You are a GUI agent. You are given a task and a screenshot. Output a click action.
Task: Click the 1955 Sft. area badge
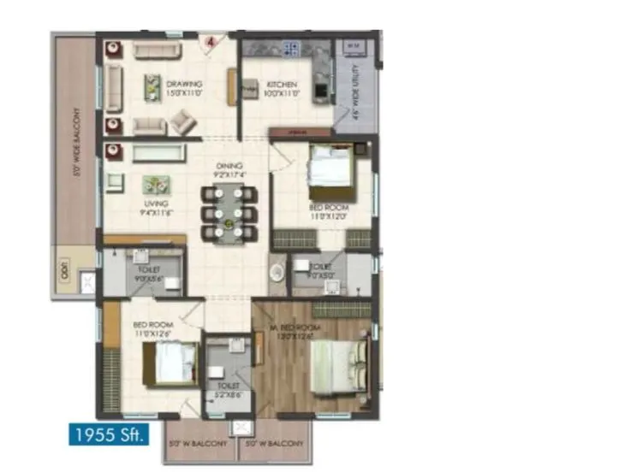coord(109,434)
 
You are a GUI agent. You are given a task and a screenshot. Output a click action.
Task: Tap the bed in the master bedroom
coord(339,365)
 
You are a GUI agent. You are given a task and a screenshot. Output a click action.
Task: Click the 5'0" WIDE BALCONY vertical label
coord(76,141)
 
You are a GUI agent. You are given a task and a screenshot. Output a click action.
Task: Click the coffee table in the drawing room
coord(152,86)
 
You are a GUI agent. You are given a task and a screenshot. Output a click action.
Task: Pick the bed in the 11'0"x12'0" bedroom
coord(330,167)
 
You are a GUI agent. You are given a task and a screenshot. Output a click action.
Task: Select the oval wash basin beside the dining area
coord(277,273)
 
